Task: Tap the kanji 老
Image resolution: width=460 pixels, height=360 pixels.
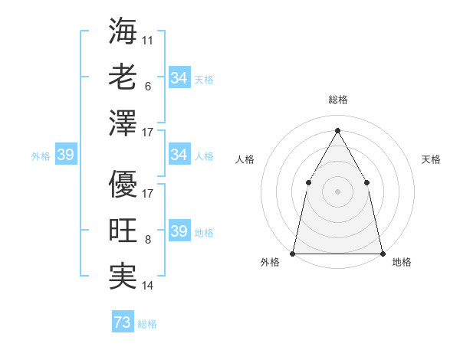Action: tap(123, 77)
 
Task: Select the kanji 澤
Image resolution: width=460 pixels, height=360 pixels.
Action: tap(123, 123)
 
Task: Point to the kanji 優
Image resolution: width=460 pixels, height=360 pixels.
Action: tap(123, 184)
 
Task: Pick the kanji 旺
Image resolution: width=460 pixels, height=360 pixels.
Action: tap(123, 231)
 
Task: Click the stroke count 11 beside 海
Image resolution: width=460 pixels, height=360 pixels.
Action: tap(148, 38)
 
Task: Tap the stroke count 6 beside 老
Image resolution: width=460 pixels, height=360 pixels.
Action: tap(147, 87)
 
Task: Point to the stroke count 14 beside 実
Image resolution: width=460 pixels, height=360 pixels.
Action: tap(148, 286)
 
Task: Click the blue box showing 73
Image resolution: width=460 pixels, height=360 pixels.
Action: tap(123, 322)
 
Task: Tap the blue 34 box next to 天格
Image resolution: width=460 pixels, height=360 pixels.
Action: tap(179, 78)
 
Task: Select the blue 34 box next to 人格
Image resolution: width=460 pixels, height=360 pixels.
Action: tap(179, 155)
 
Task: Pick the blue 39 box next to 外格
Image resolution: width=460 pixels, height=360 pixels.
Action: tap(65, 155)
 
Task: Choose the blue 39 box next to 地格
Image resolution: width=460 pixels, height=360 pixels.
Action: tap(179, 231)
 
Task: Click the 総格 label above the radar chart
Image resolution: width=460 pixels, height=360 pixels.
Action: tap(337, 100)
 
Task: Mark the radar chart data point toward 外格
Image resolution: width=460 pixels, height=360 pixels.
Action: tap(293, 253)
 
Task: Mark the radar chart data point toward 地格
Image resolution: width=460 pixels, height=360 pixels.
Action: tap(382, 253)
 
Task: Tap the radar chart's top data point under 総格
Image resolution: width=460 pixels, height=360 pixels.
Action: tap(337, 130)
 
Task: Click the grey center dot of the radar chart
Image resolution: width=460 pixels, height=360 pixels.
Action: tap(337, 191)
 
